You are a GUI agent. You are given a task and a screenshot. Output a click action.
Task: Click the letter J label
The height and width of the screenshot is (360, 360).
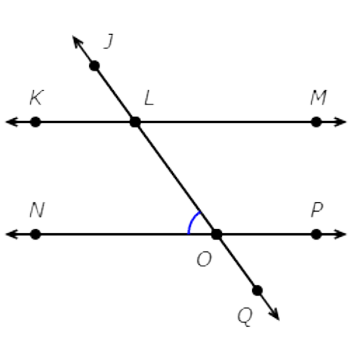click(x=109, y=41)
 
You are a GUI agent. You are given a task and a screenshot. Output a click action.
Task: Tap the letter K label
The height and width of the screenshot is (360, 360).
click(x=37, y=97)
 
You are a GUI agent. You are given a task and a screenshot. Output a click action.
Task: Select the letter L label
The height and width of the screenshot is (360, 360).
click(x=149, y=98)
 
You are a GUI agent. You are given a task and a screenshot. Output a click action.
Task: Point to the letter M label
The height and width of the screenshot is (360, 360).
click(x=318, y=97)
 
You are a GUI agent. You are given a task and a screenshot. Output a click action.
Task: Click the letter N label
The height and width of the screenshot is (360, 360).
click(x=37, y=210)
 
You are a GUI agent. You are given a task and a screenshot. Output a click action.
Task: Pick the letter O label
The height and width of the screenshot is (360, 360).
click(x=204, y=259)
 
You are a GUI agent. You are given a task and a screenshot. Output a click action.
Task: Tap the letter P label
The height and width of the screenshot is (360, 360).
click(x=317, y=210)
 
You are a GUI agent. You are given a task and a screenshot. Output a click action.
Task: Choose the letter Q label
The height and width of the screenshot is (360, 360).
click(x=245, y=317)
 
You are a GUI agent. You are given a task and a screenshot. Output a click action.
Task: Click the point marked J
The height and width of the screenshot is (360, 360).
click(x=94, y=66)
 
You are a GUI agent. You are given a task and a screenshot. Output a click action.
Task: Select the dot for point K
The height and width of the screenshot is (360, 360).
click(x=35, y=122)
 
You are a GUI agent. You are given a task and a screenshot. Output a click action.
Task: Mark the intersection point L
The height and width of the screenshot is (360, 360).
click(x=135, y=122)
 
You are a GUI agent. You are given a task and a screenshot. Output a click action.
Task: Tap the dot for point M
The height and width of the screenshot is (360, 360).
click(x=316, y=122)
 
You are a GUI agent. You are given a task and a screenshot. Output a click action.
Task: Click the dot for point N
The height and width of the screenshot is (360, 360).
click(x=35, y=234)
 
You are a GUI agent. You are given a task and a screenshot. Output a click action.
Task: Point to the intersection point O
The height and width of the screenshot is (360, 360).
click(x=217, y=234)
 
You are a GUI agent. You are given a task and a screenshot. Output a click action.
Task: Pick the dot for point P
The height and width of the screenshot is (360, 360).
click(x=316, y=234)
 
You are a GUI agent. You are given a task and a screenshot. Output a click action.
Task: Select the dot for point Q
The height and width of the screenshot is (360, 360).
click(x=257, y=290)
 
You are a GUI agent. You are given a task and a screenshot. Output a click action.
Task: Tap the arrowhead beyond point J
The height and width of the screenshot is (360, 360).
click(x=77, y=42)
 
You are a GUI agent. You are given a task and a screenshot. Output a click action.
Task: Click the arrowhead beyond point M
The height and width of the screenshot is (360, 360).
click(x=341, y=122)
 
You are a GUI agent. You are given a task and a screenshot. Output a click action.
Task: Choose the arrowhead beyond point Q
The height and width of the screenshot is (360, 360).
click(x=274, y=314)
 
